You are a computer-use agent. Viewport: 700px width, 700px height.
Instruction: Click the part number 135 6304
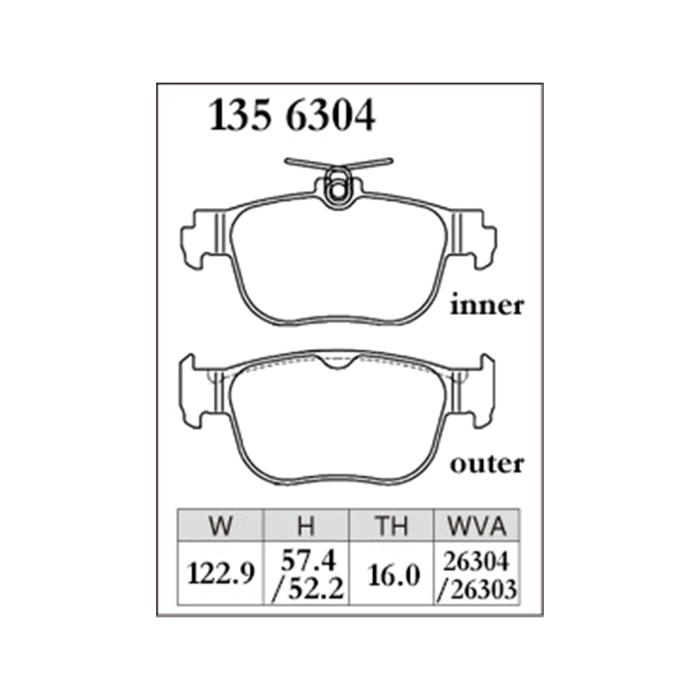[292, 115]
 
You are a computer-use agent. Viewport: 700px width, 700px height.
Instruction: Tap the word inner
[486, 305]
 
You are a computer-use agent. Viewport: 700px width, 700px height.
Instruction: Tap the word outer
[486, 464]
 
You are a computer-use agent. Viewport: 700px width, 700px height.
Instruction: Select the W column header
[220, 526]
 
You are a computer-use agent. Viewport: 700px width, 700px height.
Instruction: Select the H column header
[307, 526]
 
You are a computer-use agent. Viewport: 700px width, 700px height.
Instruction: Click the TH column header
[391, 526]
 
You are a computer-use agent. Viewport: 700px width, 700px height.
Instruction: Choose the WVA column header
[477, 526]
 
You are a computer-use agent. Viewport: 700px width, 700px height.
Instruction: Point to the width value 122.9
[221, 573]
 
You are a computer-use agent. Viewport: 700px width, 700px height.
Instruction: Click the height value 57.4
[307, 560]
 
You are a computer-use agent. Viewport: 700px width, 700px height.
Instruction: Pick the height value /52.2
[307, 589]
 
